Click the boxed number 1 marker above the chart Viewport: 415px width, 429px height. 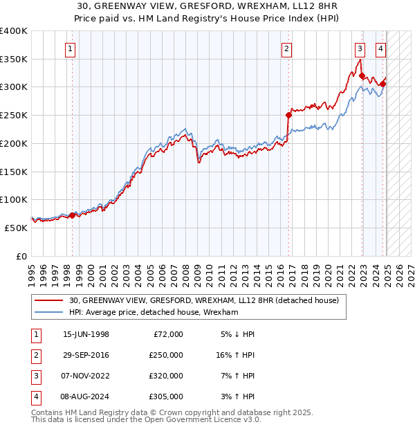pyautogui.click(x=72, y=48)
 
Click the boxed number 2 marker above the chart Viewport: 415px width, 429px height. pyautogui.click(x=286, y=48)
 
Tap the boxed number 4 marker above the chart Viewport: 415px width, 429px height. pyautogui.click(x=381, y=48)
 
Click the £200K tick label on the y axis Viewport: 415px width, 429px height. pyautogui.click(x=14, y=143)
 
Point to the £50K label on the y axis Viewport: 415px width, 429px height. pyautogui.click(x=17, y=228)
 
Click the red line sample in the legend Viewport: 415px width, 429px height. pyautogui.click(x=49, y=300)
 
